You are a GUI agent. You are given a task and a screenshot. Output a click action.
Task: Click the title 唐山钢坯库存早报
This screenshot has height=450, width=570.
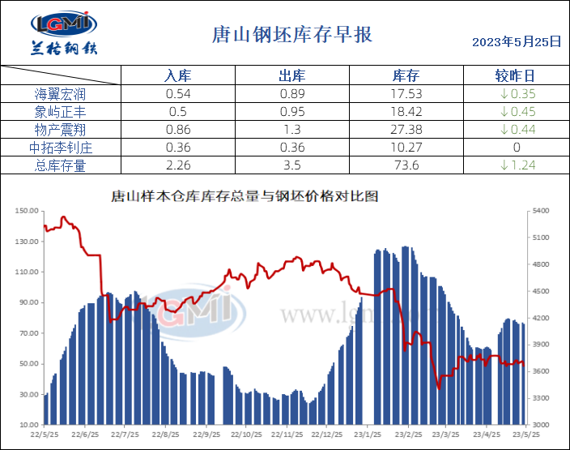pos(291,35)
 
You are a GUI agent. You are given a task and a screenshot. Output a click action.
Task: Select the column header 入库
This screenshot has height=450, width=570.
pos(177,75)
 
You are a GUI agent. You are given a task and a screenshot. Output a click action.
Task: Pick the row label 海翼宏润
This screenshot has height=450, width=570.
pos(61,94)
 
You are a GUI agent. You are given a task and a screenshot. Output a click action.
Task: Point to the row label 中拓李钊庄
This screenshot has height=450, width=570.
pos(61,148)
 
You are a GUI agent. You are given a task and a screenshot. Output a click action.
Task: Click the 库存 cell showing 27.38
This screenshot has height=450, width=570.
pos(405,130)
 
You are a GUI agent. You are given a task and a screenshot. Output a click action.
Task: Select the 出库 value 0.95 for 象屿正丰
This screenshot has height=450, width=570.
pos(291,112)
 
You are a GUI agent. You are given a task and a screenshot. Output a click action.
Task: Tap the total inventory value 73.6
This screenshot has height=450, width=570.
pos(405,165)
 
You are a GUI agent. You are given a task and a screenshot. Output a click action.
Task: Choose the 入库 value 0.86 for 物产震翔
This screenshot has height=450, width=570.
pos(177,130)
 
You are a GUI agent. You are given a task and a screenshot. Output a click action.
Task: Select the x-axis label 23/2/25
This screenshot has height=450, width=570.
pos(406,434)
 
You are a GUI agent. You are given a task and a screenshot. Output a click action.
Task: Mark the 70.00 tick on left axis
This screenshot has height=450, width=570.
pos(28,333)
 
